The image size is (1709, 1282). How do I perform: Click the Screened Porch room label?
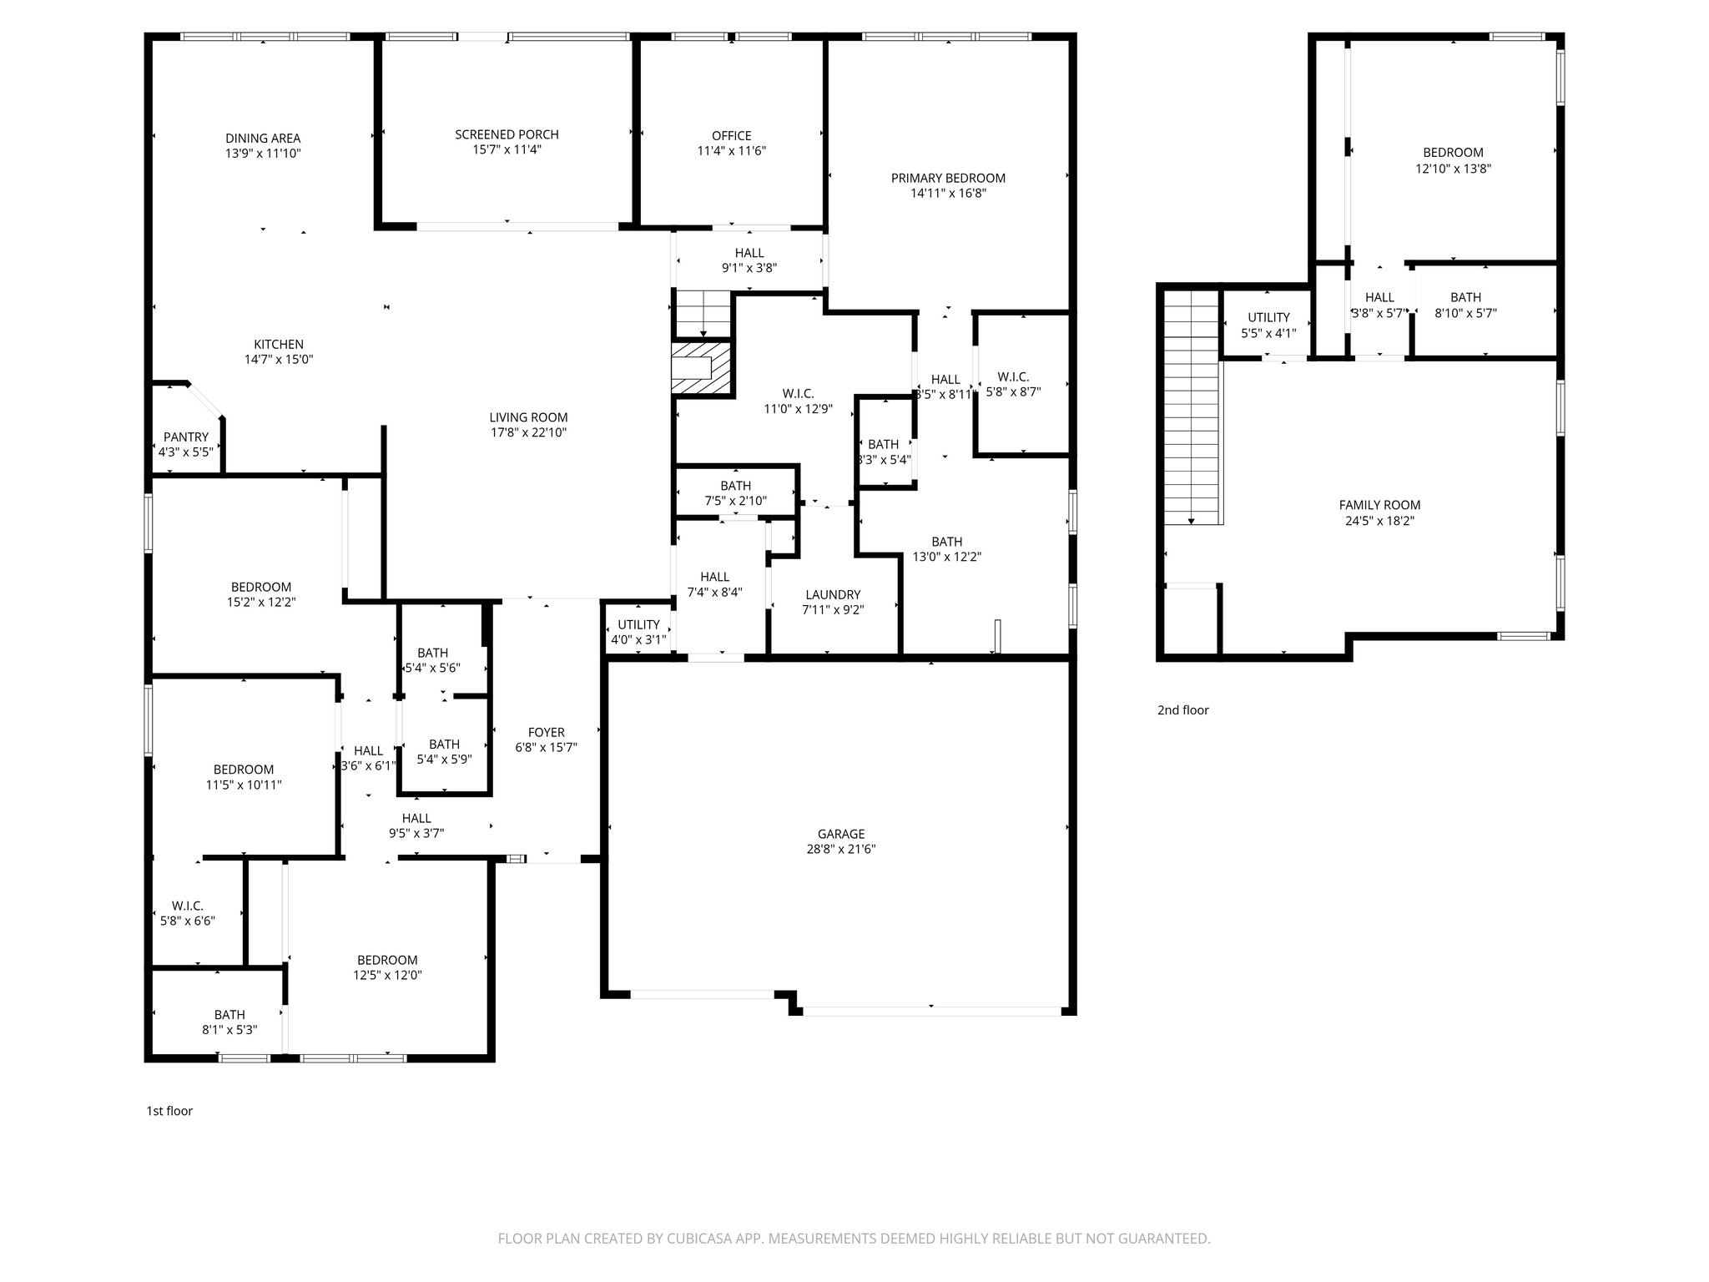tap(507, 134)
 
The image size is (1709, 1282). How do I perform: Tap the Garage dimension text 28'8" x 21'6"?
tap(840, 850)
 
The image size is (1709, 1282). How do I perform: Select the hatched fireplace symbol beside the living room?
tap(701, 368)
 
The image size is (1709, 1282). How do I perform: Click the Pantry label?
tap(185, 437)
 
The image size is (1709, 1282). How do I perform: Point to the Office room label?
tap(731, 136)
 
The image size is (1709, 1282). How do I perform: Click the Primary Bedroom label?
tap(948, 178)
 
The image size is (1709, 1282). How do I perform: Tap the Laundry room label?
tap(832, 595)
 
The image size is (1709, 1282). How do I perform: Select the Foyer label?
tap(546, 733)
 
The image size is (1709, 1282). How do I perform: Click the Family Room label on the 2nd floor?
tap(1379, 505)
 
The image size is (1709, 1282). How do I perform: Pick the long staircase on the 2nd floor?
tap(1192, 409)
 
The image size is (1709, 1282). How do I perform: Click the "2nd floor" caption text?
tap(1182, 710)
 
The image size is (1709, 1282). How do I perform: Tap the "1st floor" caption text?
tap(169, 1111)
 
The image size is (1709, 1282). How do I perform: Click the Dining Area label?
tap(262, 139)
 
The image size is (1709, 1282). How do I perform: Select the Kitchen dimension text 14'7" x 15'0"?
tap(279, 360)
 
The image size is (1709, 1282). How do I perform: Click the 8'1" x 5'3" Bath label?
tap(229, 1030)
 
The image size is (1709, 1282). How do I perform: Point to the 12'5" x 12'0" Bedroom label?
tap(387, 960)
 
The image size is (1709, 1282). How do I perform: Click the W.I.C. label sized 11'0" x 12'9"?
tap(798, 394)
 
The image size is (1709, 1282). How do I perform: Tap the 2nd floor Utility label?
tap(1268, 317)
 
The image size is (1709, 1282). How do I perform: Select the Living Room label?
tap(528, 417)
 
